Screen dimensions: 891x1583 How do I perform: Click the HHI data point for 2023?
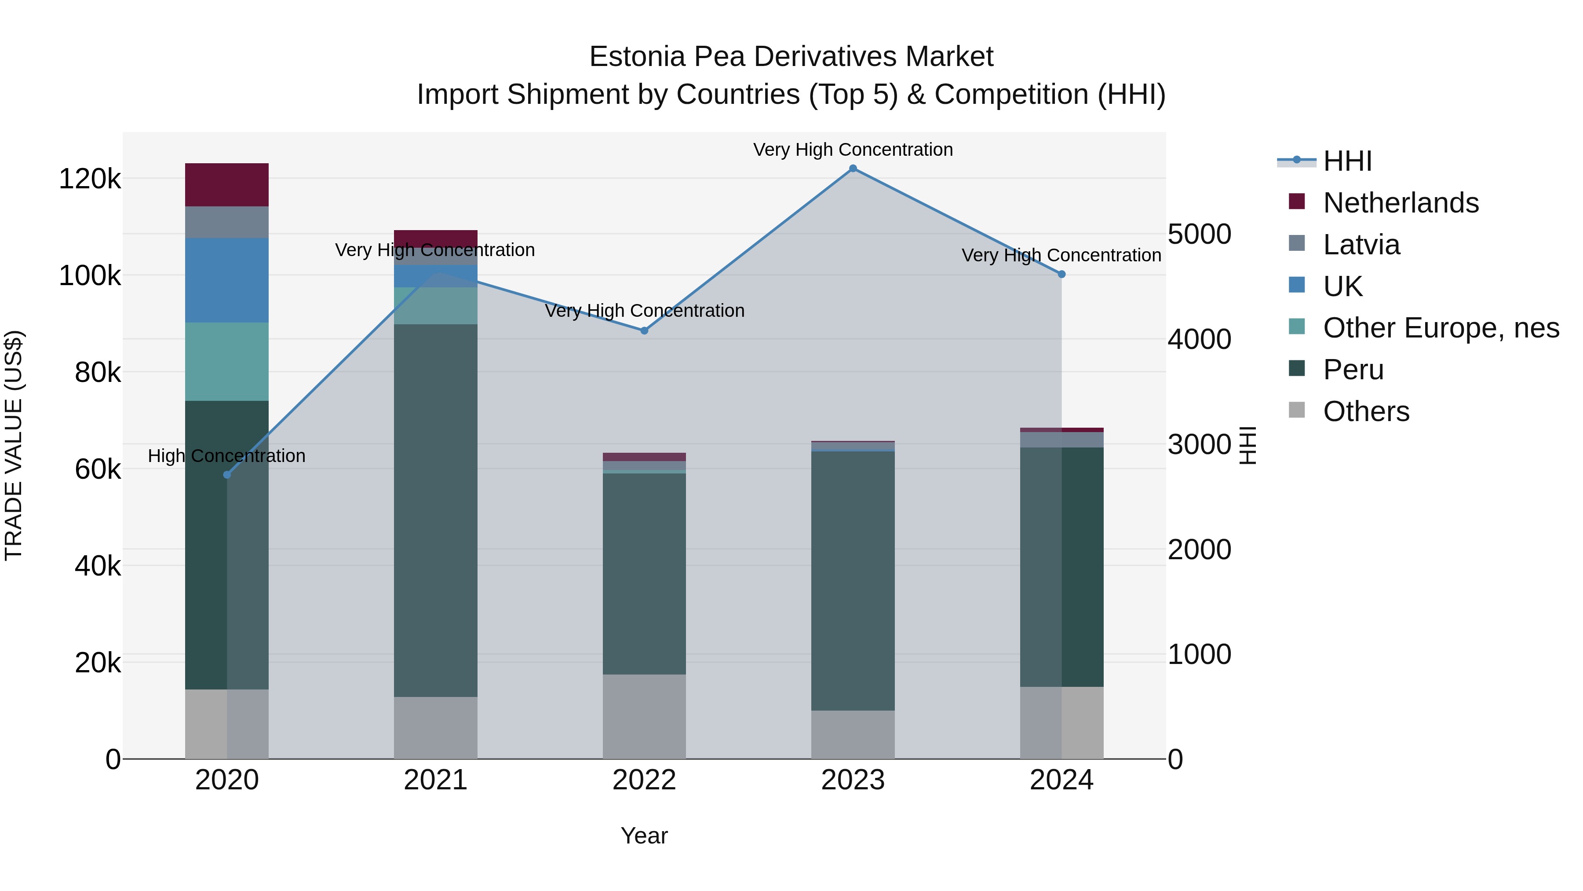(853, 169)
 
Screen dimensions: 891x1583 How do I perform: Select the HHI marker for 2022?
(644, 331)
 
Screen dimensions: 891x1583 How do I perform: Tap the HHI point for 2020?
(227, 475)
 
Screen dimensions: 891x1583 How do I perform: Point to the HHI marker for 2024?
(1061, 274)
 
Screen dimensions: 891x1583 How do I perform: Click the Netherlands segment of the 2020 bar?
(227, 184)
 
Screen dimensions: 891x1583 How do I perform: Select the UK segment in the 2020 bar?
(227, 280)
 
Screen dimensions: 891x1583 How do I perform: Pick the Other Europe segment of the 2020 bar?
(227, 362)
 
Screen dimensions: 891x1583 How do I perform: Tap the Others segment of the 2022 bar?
(644, 716)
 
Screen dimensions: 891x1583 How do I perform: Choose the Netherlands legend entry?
(1401, 203)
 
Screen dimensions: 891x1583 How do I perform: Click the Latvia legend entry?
(1361, 245)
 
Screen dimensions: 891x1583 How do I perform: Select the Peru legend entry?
(1353, 370)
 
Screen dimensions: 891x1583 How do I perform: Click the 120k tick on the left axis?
(90, 179)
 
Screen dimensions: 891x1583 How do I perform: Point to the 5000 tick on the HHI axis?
(1200, 234)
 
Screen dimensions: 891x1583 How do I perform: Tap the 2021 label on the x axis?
(435, 780)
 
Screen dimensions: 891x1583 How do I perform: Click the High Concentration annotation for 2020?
(227, 456)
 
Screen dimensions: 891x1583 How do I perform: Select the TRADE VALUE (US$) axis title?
(14, 445)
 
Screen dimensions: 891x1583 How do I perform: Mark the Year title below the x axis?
(644, 836)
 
